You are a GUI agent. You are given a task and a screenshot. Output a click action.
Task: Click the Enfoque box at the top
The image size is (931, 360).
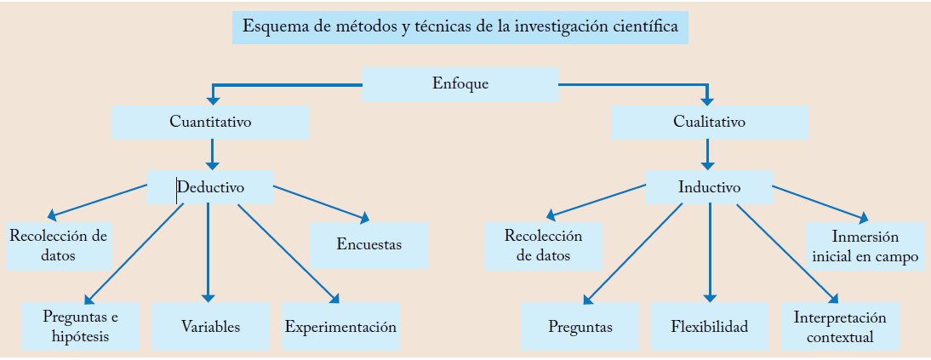(x=460, y=83)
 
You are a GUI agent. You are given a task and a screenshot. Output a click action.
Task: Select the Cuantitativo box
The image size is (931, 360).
(x=210, y=122)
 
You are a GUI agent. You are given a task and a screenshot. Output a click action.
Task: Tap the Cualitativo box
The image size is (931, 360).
(x=709, y=122)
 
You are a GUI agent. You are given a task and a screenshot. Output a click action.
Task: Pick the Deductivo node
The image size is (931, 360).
(x=210, y=186)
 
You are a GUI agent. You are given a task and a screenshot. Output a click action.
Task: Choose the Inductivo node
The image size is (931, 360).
(x=709, y=186)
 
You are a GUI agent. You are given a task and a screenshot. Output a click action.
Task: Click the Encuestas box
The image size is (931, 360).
(x=368, y=245)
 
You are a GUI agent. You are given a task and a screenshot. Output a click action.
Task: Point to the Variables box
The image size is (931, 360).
(x=210, y=326)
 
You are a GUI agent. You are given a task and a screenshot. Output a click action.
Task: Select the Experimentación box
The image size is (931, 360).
(x=340, y=326)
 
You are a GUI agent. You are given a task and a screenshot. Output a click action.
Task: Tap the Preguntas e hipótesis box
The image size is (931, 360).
(x=80, y=326)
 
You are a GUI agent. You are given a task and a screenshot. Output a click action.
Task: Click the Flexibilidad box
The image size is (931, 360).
(x=709, y=326)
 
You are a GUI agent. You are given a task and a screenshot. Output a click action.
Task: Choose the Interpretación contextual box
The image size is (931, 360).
(x=840, y=326)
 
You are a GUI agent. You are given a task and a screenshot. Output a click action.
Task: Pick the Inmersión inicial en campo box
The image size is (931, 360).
(x=865, y=246)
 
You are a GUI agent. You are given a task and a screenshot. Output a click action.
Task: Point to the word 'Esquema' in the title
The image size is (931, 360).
(x=272, y=26)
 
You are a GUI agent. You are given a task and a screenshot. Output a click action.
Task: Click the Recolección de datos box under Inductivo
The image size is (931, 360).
(x=543, y=245)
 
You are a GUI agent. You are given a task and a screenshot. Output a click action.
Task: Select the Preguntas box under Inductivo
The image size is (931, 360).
(x=580, y=326)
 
